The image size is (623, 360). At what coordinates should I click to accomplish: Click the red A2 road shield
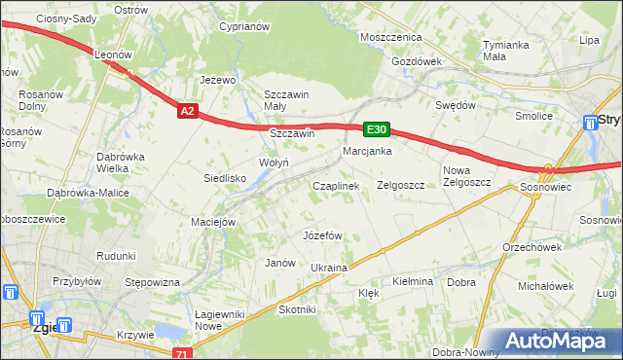(189, 112)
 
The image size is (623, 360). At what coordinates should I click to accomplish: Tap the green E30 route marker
(377, 128)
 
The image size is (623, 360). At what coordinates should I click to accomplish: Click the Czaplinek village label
(336, 185)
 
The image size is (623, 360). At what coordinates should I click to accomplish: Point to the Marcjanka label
(367, 152)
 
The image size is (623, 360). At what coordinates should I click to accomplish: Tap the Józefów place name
(322, 235)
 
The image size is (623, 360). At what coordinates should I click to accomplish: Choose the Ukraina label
(328, 268)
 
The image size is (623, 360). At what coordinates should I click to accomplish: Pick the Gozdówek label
(416, 60)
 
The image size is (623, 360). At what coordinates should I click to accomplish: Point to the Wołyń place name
(273, 162)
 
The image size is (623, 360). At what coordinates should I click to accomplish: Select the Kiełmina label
(412, 281)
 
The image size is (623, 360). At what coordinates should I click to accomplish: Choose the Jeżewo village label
(219, 80)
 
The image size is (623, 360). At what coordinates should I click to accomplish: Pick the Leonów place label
(112, 56)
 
